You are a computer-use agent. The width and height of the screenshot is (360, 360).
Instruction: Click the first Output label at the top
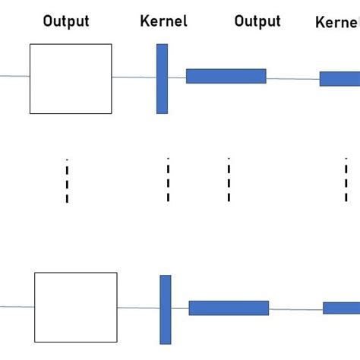point(66,21)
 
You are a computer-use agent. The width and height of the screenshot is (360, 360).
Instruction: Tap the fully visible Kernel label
point(163,21)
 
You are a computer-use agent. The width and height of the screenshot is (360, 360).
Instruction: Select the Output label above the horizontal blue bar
point(257,21)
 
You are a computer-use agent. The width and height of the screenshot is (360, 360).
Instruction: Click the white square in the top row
point(71,78)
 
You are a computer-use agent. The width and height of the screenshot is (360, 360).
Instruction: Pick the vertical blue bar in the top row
point(162,78)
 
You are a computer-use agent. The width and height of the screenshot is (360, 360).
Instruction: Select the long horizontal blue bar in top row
point(226,76)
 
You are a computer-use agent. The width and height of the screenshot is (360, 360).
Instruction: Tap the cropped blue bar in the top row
point(339,79)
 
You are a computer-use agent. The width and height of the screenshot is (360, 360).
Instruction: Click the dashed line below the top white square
point(67,181)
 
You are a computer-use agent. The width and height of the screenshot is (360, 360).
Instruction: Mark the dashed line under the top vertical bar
point(168,181)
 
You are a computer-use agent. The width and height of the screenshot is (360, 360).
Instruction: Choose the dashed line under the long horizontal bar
point(229,181)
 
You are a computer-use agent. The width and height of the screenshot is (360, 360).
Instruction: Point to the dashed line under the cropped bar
point(346,181)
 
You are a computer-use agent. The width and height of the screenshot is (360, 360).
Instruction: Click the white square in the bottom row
point(76,307)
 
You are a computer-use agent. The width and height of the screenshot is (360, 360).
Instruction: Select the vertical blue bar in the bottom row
point(166,309)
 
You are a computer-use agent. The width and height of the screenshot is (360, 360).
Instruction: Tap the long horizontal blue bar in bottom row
point(229,308)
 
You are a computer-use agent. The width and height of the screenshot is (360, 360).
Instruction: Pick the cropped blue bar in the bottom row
point(341,308)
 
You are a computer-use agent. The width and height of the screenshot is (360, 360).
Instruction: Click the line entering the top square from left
point(14,76)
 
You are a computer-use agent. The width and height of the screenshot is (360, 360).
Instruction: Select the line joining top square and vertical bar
point(134,77)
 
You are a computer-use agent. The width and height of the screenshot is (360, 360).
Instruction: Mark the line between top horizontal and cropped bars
point(292,78)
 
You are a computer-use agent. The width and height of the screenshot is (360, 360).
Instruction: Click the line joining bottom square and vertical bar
point(138,308)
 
